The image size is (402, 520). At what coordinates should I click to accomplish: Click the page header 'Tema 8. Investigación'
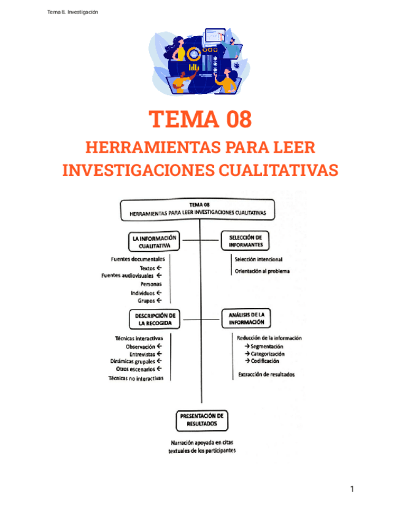[x=72, y=12]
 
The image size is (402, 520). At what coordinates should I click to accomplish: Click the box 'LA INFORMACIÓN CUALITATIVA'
[x=154, y=242]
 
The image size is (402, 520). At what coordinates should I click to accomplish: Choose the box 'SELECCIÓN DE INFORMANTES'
[x=245, y=241]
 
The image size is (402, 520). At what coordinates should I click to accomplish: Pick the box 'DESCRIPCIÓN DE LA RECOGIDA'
[x=155, y=318]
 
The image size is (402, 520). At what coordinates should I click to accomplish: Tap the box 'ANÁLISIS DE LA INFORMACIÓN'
[x=246, y=318]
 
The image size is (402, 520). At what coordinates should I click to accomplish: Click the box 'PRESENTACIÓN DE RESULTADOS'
[x=201, y=419]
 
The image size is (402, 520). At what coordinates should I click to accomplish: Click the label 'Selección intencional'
[x=258, y=259]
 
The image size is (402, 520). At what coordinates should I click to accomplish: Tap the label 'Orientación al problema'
[x=262, y=271]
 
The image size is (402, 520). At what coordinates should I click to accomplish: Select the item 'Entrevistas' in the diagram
[x=142, y=354]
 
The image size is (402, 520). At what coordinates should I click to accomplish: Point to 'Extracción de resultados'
[x=266, y=375]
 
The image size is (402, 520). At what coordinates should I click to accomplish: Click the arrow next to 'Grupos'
[x=159, y=301]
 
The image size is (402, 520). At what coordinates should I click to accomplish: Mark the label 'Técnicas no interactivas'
[x=136, y=378]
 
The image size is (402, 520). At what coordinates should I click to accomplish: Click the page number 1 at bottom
[x=352, y=489]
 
